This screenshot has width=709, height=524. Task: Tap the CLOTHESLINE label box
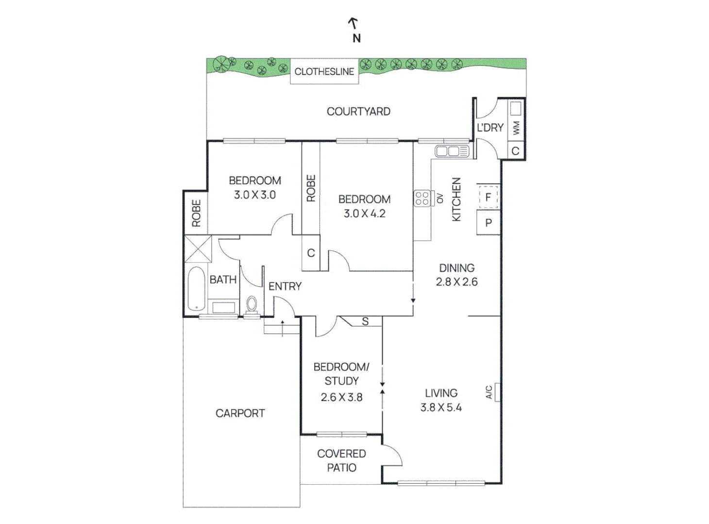click(x=324, y=72)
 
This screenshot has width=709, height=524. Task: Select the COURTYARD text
click(x=358, y=112)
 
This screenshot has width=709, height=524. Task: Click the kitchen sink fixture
click(x=452, y=151)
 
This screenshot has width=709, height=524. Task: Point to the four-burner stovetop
click(x=422, y=198)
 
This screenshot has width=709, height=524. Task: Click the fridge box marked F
click(x=488, y=197)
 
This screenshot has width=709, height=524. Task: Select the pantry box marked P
click(x=488, y=223)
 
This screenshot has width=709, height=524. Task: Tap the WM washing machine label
click(x=516, y=128)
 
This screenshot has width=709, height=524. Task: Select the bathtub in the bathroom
click(x=196, y=288)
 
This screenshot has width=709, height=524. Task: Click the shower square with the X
click(x=198, y=248)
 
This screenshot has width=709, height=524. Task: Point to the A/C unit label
click(x=490, y=392)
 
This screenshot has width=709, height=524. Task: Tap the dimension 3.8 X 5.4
click(x=441, y=408)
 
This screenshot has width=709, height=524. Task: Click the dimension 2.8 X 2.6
click(x=456, y=282)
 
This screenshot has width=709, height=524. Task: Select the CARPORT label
click(x=240, y=413)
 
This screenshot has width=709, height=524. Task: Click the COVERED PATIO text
click(x=341, y=460)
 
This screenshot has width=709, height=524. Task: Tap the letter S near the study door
click(x=365, y=321)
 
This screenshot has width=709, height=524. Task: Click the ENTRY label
click(x=285, y=286)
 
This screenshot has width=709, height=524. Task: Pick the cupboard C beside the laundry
click(x=515, y=151)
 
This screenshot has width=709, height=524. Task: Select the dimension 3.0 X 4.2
click(x=364, y=213)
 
